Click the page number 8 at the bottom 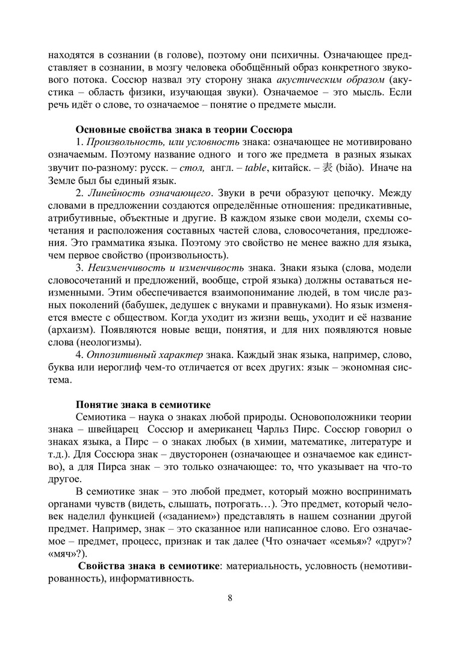230,598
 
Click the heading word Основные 100,129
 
